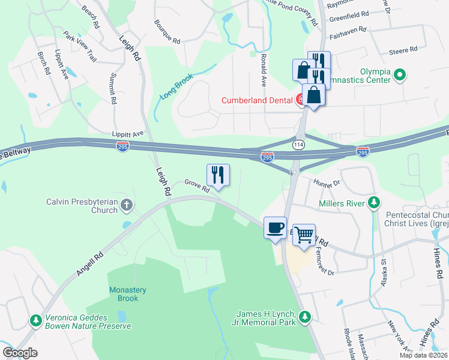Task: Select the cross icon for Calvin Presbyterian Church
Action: (126, 206)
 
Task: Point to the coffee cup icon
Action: (275, 228)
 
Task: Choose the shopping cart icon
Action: (304, 234)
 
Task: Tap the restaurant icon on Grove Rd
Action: (218, 175)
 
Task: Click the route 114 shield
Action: (298, 145)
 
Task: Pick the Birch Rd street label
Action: (43, 62)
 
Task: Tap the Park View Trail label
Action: (80, 47)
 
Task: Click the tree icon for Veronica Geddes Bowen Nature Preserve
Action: (36, 322)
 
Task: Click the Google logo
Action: (20, 353)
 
